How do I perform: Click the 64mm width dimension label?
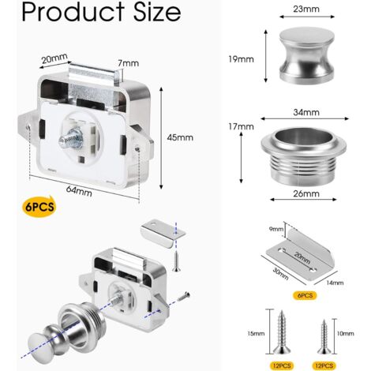tap(79, 191)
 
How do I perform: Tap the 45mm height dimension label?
tap(180, 137)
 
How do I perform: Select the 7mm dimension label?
tap(129, 63)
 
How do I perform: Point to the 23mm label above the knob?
tap(306, 9)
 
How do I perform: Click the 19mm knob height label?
tap(241, 59)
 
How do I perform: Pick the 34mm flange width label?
tap(306, 112)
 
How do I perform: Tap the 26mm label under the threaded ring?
tap(306, 193)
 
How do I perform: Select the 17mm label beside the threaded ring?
tap(241, 126)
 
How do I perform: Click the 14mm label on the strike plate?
tap(335, 283)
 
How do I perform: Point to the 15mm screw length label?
tap(256, 334)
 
